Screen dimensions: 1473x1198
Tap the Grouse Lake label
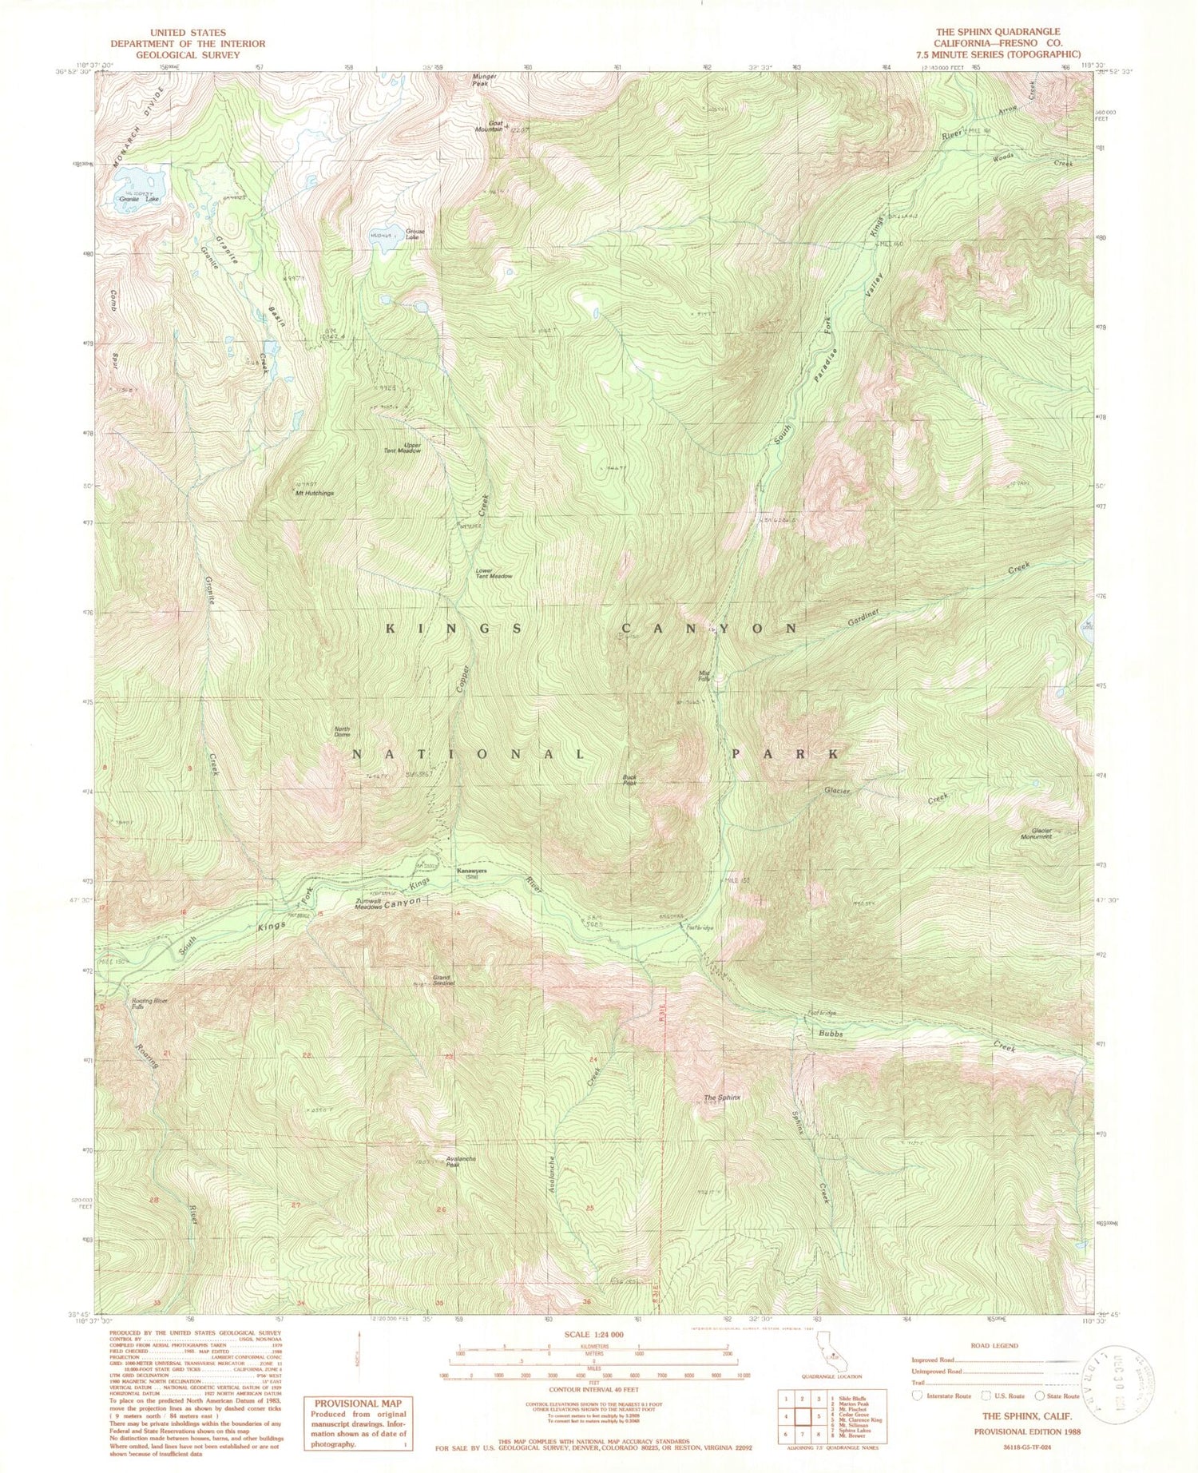[414, 235]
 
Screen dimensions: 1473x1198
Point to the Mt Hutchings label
[314, 493]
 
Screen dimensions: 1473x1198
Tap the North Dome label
[342, 732]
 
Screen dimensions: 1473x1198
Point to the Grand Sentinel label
[443, 980]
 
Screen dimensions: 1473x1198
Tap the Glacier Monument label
[1037, 833]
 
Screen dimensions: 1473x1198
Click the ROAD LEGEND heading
[994, 1346]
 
